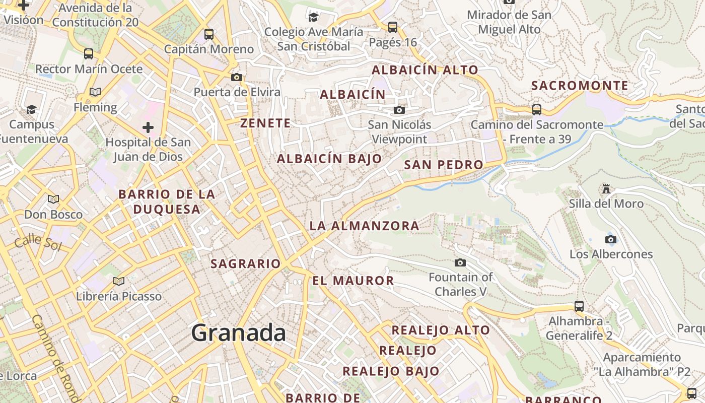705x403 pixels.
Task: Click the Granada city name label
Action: pyautogui.click(x=239, y=333)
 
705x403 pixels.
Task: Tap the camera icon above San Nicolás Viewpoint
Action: pyautogui.click(x=399, y=110)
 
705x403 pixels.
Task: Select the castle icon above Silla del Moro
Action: pyautogui.click(x=606, y=189)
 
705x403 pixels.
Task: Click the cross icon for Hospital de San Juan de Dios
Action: pyautogui.click(x=148, y=127)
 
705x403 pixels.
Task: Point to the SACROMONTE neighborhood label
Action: pyautogui.click(x=580, y=86)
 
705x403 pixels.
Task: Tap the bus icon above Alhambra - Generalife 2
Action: pyautogui.click(x=579, y=306)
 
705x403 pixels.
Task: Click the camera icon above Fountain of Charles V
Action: pyautogui.click(x=460, y=262)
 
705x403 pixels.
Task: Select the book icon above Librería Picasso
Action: pyautogui.click(x=119, y=281)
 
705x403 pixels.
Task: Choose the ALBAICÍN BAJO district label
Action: pyautogui.click(x=329, y=159)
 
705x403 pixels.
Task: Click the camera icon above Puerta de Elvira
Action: pyautogui.click(x=237, y=77)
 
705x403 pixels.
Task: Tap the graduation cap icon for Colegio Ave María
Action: pyautogui.click(x=314, y=17)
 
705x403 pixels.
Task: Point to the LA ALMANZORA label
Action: pyautogui.click(x=364, y=226)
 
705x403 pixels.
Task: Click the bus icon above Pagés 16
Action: pyautogui.click(x=393, y=27)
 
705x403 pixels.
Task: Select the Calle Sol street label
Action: pyautogui.click(x=38, y=244)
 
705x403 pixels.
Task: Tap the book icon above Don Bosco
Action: pyautogui.click(x=53, y=199)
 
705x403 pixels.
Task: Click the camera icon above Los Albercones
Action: pyautogui.click(x=611, y=239)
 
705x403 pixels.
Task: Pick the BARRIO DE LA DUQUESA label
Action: pyautogui.click(x=167, y=201)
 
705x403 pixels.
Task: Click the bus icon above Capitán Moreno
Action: pyautogui.click(x=209, y=34)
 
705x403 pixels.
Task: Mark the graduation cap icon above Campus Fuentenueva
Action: pyautogui.click(x=32, y=109)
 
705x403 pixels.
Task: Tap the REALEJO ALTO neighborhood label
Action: pyautogui.click(x=441, y=330)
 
